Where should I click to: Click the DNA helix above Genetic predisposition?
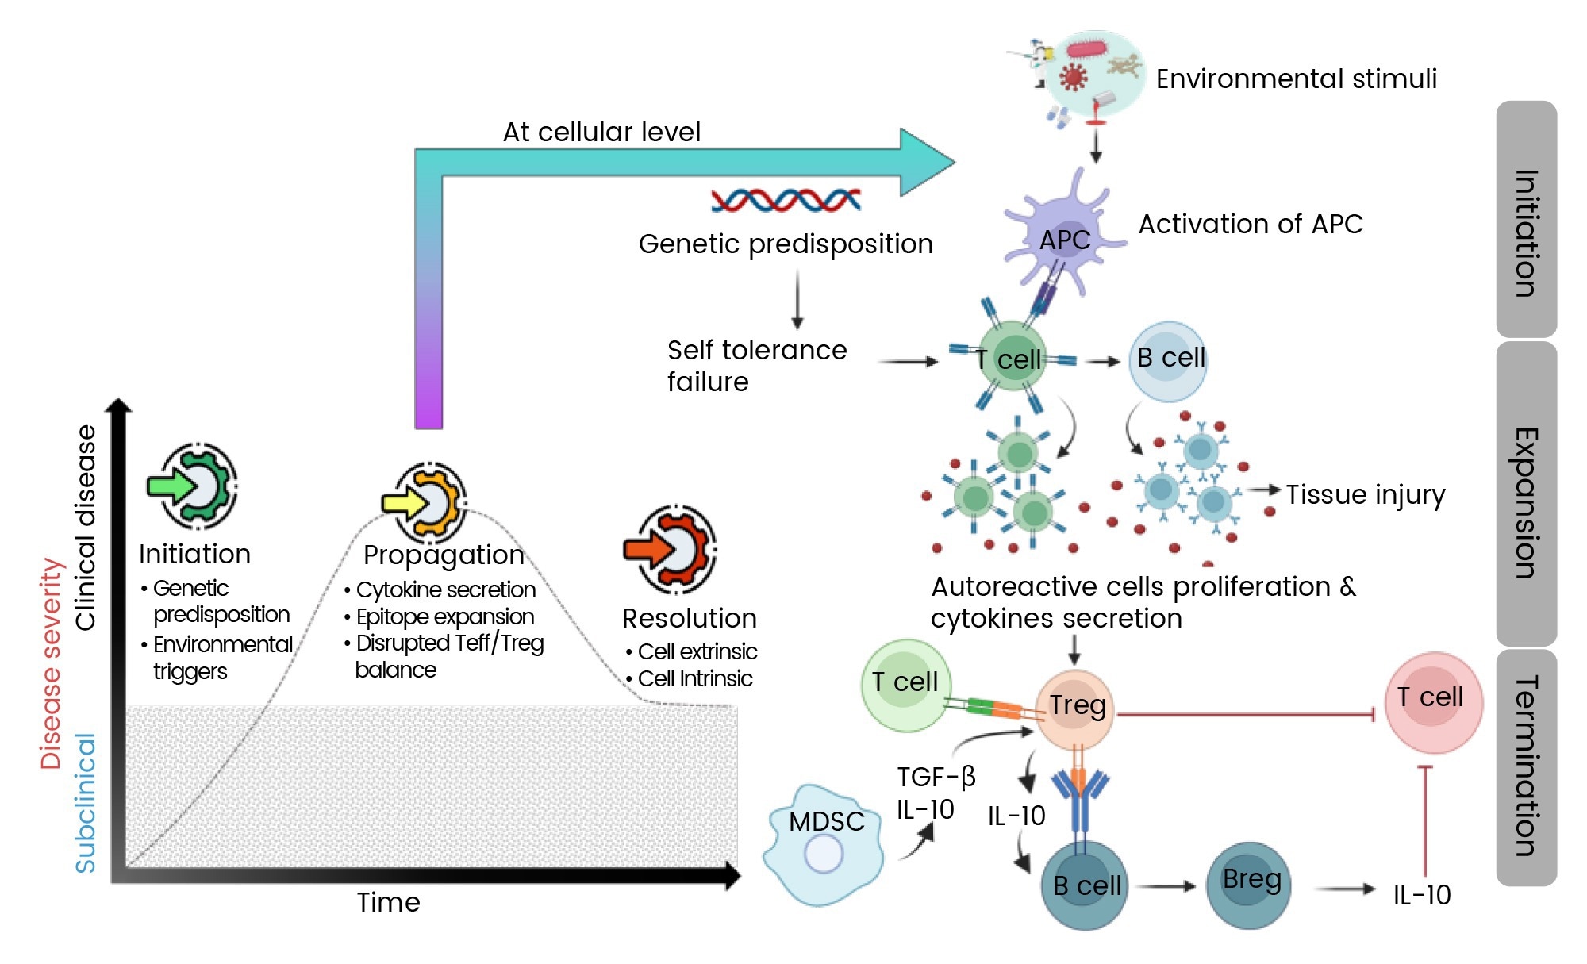[x=786, y=200]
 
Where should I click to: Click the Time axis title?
[x=388, y=902]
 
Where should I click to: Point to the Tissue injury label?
[x=1365, y=494]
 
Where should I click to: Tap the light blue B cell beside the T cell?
[x=1168, y=361]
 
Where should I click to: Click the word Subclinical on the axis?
[x=85, y=802]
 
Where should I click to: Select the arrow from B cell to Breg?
[x=1167, y=886]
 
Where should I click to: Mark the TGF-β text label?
[x=936, y=777]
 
